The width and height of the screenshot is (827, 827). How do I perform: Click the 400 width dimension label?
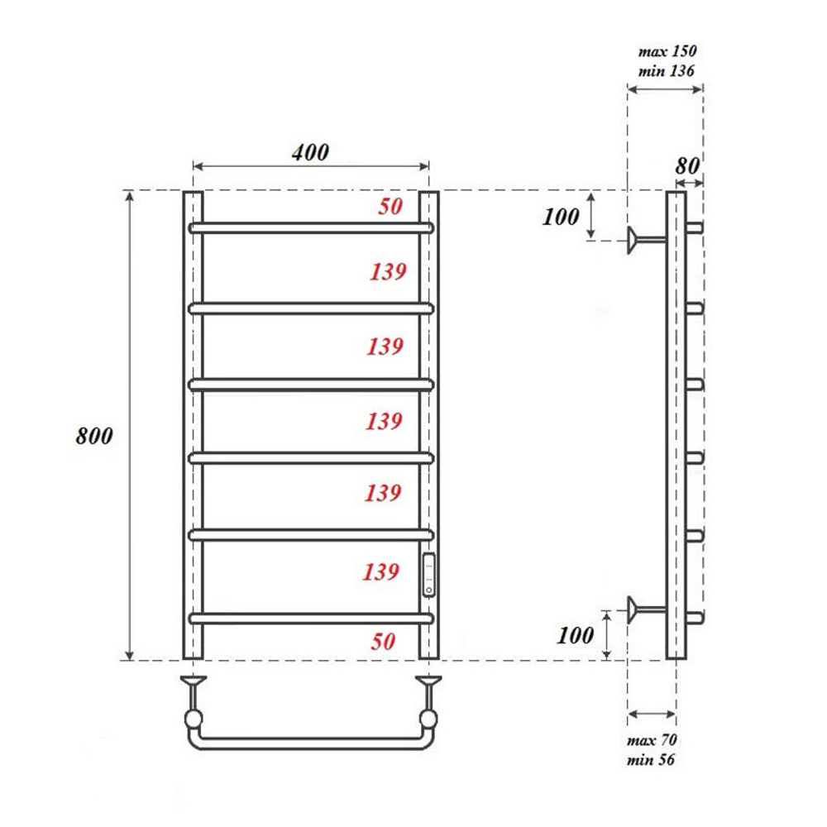(309, 152)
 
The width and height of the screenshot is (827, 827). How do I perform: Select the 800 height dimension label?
(93, 437)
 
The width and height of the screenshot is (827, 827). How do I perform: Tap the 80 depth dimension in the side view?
(687, 165)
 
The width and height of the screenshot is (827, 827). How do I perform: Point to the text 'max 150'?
(666, 51)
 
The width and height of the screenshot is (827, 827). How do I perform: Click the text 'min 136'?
(666, 71)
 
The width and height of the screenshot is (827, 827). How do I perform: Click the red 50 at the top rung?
(390, 206)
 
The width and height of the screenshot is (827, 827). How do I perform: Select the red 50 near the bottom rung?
(383, 641)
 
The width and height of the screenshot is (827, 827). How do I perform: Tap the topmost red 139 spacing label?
(386, 270)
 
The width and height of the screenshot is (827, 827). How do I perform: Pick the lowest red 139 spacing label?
(382, 571)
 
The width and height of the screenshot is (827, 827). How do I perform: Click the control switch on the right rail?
(428, 575)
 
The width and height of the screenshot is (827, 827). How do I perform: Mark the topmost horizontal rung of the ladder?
(311, 227)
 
